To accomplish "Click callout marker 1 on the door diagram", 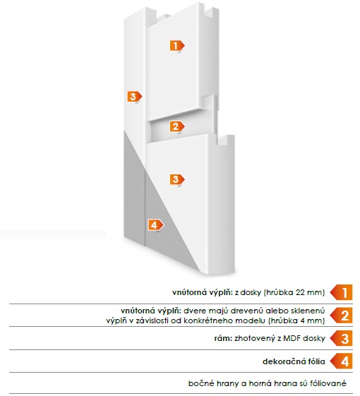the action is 177,46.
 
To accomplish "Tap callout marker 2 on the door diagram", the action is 177,126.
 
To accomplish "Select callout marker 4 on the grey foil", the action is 155,224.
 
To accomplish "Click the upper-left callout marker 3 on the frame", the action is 134,97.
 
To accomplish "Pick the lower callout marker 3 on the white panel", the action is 177,179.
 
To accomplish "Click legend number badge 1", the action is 342,292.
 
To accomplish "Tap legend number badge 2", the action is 342,316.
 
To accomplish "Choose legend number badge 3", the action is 342,338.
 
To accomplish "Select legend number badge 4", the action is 342,361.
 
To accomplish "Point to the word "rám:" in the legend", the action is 223,338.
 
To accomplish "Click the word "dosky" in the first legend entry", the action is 251,293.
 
